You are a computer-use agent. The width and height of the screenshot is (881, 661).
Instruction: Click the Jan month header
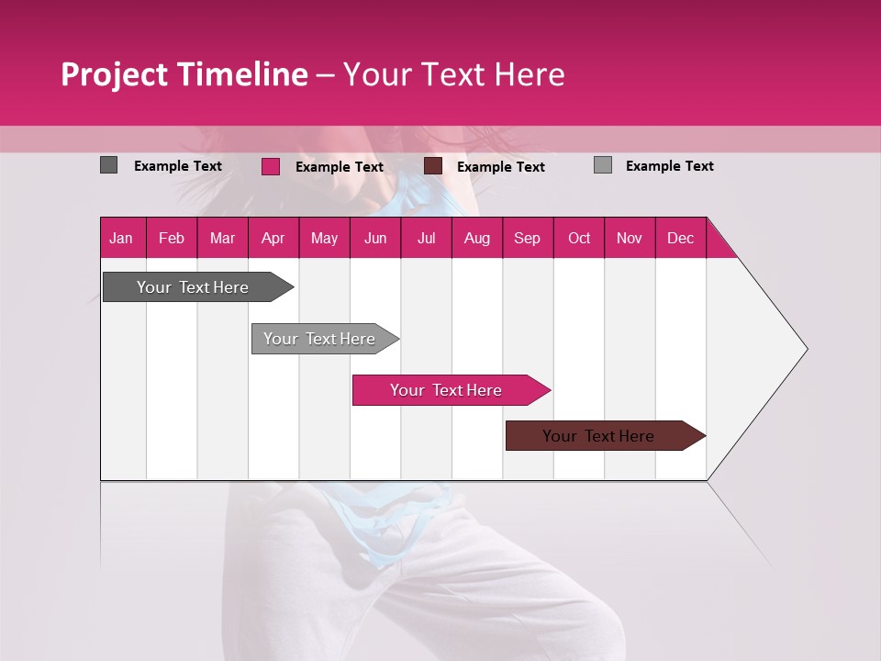pos(121,238)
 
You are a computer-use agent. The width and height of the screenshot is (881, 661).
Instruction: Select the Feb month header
pos(172,238)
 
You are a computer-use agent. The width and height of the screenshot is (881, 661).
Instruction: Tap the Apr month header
pos(273,238)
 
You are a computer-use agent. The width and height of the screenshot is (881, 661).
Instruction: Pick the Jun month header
pos(375,238)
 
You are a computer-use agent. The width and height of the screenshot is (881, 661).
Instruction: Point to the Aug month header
pos(476,238)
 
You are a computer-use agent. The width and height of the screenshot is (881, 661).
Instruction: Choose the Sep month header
pos(527,238)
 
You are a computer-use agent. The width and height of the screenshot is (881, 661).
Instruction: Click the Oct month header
pos(579,238)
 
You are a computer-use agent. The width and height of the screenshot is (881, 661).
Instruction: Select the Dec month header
pos(680,238)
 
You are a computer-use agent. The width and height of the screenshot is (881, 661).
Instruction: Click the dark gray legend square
pos(108,165)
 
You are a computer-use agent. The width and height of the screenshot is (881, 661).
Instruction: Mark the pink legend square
pos(270,166)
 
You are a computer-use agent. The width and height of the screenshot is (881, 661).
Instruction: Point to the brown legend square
pos(433,166)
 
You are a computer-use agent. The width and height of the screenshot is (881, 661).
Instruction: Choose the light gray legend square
pos(602,165)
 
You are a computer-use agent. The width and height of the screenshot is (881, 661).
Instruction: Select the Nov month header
pos(630,238)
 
